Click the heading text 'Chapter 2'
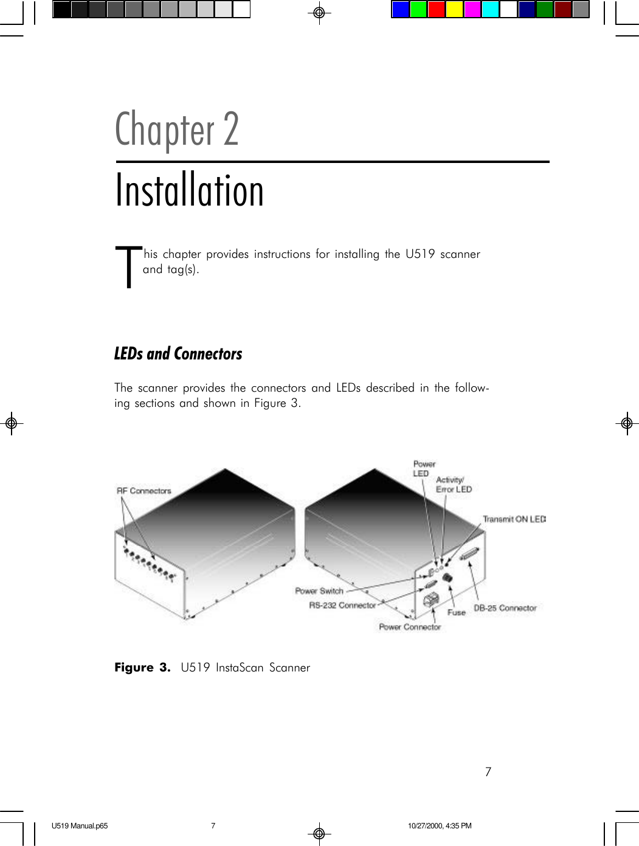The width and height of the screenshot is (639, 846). pyautogui.click(x=177, y=129)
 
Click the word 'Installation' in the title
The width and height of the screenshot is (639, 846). pyautogui.click(x=190, y=190)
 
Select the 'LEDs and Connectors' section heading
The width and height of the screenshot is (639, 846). pyautogui.click(x=178, y=354)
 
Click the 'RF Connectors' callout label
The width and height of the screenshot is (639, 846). pyautogui.click(x=144, y=491)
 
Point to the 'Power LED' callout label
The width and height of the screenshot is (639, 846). pyautogui.click(x=424, y=468)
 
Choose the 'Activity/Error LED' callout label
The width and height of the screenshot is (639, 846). pyautogui.click(x=454, y=485)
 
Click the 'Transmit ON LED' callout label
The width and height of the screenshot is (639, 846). pyautogui.click(x=514, y=519)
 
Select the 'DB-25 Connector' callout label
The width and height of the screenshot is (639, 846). pyautogui.click(x=505, y=608)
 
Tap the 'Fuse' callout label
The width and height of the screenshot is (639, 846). pyautogui.click(x=456, y=612)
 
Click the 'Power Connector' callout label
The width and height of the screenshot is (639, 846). pyautogui.click(x=409, y=627)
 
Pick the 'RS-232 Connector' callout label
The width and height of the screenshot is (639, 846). pyautogui.click(x=342, y=605)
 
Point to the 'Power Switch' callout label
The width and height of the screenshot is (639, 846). pyautogui.click(x=319, y=591)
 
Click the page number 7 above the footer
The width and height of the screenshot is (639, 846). pyautogui.click(x=488, y=772)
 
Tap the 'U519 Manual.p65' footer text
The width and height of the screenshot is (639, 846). pyautogui.click(x=80, y=826)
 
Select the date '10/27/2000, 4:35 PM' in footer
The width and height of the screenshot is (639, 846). pyautogui.click(x=440, y=826)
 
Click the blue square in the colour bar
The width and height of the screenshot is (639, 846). pyautogui.click(x=400, y=10)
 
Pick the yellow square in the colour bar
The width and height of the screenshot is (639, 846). pyautogui.click(x=454, y=10)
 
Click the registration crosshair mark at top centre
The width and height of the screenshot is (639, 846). pyautogui.click(x=319, y=13)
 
